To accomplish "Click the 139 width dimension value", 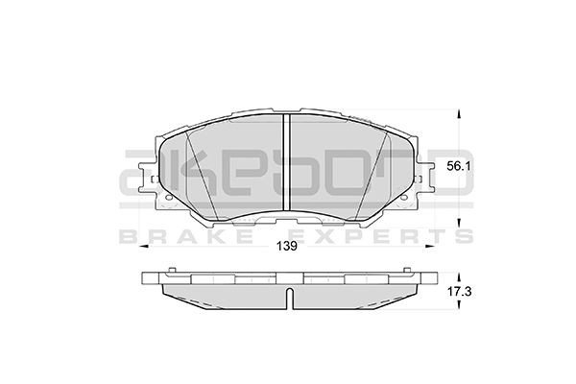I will tap(285, 245).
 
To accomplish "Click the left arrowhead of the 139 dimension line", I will tap(145, 247).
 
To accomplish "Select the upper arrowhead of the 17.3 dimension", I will tap(457, 271).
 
